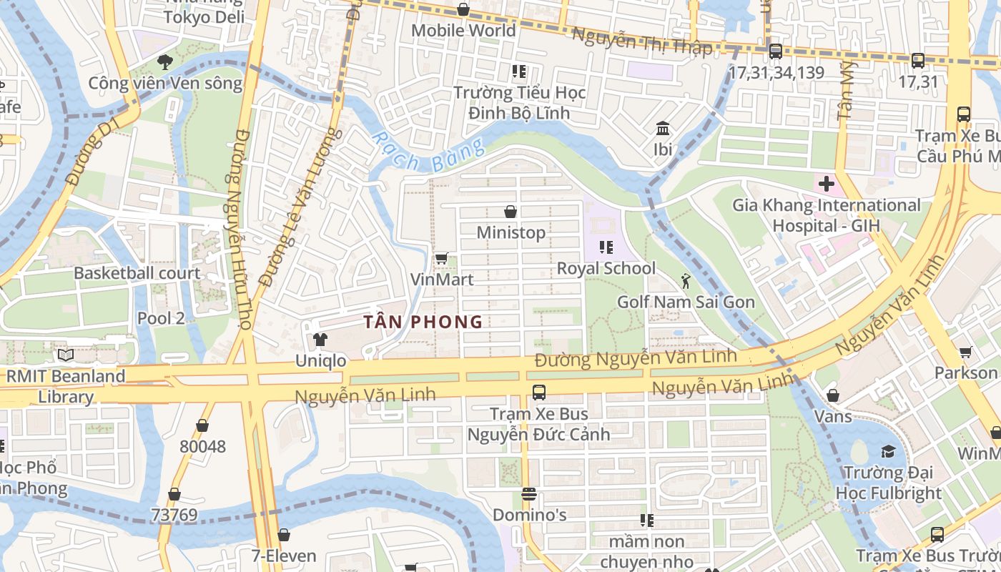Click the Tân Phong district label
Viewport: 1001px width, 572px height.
(423, 322)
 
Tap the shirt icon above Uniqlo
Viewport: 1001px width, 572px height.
(320, 339)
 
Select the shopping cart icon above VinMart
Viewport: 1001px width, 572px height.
(441, 258)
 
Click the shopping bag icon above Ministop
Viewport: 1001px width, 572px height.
(511, 212)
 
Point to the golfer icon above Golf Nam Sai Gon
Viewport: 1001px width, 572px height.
(686, 281)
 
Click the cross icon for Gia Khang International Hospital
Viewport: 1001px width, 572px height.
(827, 184)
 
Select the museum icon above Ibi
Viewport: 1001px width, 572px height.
(663, 129)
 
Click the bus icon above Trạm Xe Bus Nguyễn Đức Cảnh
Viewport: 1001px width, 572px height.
(539, 393)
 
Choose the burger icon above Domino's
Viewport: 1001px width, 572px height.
(529, 494)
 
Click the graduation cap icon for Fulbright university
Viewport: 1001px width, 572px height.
(888, 451)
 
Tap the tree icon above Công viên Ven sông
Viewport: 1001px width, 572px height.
(165, 62)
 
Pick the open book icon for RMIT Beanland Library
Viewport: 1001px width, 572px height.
(66, 355)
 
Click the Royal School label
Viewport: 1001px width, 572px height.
(606, 268)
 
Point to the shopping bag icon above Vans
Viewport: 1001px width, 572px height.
(833, 395)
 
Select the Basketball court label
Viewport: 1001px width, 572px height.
(137, 273)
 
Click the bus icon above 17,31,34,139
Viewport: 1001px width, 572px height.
(776, 51)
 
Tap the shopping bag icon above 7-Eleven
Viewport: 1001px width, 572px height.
(284, 535)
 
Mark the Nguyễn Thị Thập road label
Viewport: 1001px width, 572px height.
(642, 41)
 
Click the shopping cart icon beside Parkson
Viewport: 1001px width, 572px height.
(965, 352)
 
